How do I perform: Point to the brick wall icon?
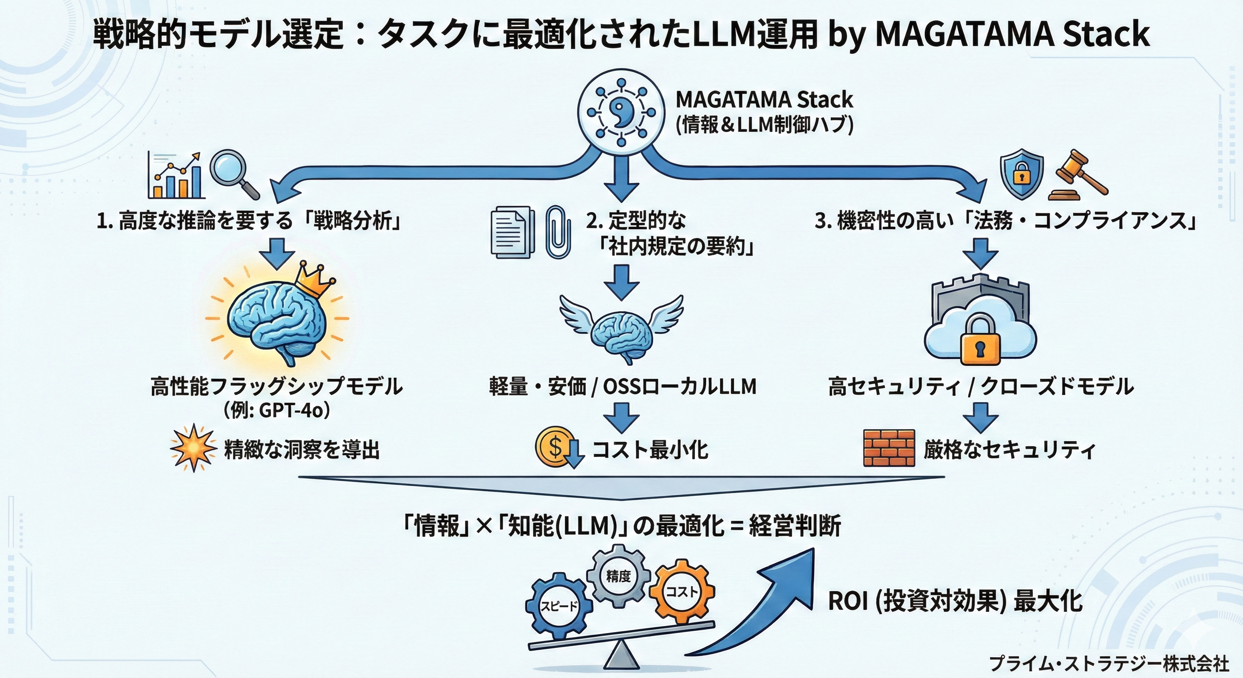889,447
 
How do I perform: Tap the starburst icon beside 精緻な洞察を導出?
193,448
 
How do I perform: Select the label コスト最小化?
649,450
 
